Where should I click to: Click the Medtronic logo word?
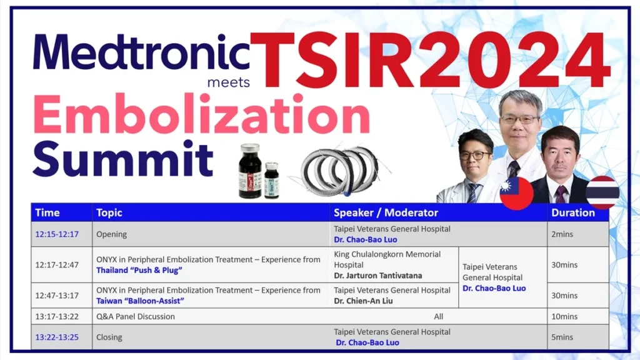(141, 52)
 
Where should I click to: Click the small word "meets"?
(229, 82)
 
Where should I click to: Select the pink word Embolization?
(201, 114)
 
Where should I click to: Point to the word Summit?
(123, 159)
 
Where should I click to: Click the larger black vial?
(250, 171)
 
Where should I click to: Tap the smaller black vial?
(271, 180)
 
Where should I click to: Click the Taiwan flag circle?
(516, 193)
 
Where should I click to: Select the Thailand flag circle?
(602, 192)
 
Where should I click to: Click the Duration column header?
(572, 212)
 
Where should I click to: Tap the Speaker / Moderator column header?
(386, 212)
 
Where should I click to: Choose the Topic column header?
(109, 213)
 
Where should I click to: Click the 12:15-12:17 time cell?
(57, 234)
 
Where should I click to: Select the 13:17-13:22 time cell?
(57, 316)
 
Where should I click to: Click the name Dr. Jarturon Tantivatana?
(378, 276)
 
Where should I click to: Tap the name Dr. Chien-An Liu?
(363, 301)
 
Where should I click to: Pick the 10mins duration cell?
(564, 316)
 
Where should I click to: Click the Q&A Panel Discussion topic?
(136, 316)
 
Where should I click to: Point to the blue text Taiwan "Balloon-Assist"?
(140, 301)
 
